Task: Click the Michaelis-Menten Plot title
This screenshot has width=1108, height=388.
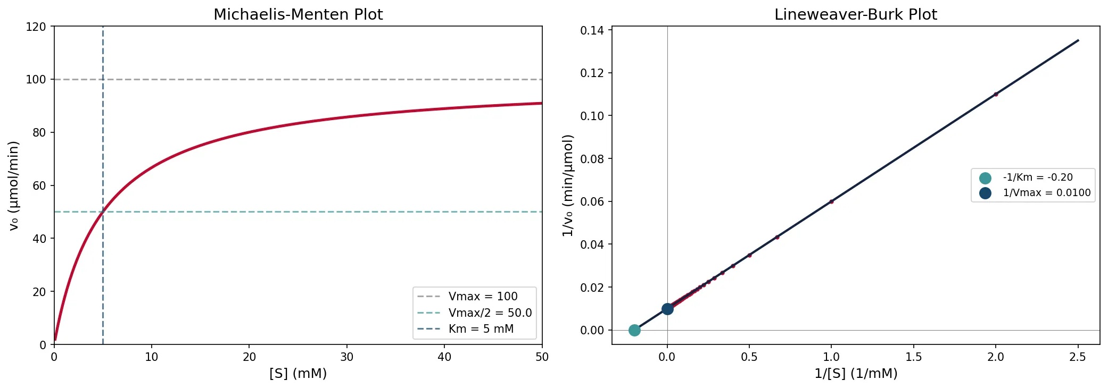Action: pos(298,14)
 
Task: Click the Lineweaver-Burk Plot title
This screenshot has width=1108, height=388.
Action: pos(855,14)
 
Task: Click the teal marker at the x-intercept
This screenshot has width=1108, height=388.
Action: pos(634,330)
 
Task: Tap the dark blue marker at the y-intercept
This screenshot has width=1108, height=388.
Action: pos(667,309)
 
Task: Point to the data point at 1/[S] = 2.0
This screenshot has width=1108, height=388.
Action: pos(996,94)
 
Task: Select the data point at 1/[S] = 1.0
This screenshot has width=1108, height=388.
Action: pos(831,201)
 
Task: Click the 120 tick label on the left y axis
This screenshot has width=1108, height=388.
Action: pos(36,27)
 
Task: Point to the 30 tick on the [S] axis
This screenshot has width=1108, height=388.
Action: pos(347,357)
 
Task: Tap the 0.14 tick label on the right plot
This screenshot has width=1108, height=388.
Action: pos(592,30)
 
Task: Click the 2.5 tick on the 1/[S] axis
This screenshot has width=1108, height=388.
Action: pos(1078,357)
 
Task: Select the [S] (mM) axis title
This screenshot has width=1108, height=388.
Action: pos(298,374)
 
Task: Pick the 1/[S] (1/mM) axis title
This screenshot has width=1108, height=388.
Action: pos(855,374)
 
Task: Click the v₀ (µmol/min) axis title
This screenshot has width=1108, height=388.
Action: pos(14,185)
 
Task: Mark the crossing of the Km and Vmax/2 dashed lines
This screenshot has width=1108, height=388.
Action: pos(103,212)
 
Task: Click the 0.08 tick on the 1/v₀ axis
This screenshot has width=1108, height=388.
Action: pos(592,159)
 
